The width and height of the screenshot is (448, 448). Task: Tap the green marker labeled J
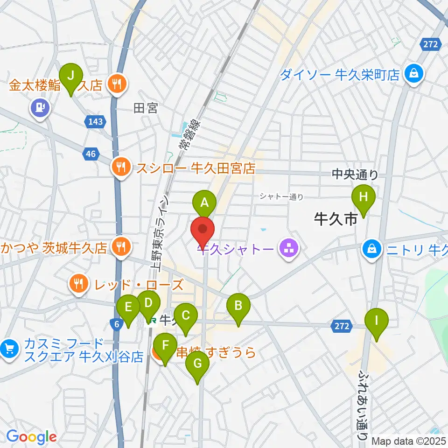(71, 75)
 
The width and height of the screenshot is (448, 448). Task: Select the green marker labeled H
(364, 197)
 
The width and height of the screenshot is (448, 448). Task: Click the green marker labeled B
(238, 307)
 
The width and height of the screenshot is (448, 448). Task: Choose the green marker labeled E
(128, 308)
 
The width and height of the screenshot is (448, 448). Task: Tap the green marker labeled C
(186, 316)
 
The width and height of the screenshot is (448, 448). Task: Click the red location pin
(203, 229)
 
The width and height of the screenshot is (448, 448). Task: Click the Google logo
(32, 437)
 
